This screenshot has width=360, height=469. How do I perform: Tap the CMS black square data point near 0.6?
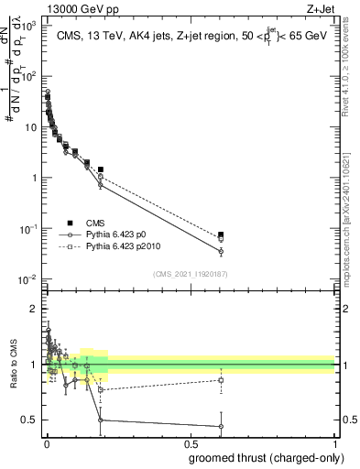(221, 235)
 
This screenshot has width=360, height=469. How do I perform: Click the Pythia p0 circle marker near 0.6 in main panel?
(221, 251)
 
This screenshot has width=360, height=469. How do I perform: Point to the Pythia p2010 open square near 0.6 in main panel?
(221, 240)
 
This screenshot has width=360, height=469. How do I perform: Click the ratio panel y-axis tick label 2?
(33, 309)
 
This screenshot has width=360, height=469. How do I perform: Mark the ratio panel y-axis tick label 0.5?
(30, 420)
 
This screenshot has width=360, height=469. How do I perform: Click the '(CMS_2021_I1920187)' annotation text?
(190, 271)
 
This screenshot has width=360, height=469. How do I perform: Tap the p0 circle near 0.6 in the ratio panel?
(221, 426)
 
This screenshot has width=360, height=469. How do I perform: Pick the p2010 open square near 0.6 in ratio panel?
(221, 380)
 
